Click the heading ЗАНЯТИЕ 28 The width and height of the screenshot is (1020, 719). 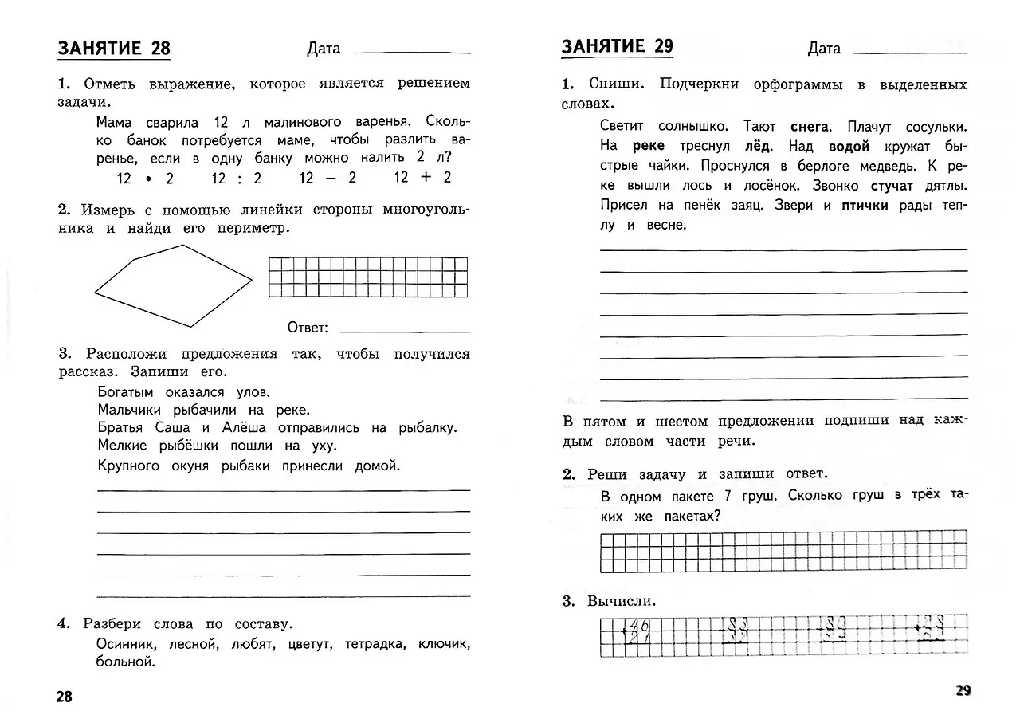(114, 48)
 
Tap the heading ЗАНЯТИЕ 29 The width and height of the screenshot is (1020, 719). (617, 46)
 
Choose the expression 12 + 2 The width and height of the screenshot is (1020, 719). (422, 177)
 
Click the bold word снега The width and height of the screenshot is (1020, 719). (810, 127)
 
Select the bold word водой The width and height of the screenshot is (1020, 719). (849, 147)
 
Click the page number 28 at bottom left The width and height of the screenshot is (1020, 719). (64, 697)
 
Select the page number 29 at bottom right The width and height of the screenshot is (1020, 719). (963, 691)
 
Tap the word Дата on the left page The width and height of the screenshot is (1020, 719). (324, 49)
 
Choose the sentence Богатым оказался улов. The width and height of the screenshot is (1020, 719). (184, 391)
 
